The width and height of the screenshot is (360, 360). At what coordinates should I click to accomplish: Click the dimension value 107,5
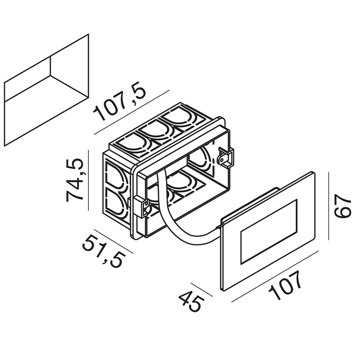coord(119,101)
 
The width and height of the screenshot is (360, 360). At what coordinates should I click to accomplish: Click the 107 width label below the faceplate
coord(285,285)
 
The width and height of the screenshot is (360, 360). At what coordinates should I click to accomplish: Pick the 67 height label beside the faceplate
coord(342,206)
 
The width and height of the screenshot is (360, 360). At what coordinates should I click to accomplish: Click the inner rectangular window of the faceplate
coord(269,231)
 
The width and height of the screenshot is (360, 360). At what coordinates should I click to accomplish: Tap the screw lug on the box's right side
coord(225,158)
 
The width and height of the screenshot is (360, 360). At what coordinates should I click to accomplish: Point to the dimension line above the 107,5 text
coord(132,112)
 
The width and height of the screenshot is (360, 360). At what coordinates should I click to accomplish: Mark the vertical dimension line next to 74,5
coord(88,180)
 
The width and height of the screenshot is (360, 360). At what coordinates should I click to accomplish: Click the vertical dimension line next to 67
coord(329,206)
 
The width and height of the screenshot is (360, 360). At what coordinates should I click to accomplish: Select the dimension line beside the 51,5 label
coord(114,241)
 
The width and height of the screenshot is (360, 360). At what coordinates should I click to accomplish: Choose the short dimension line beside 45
coord(201,290)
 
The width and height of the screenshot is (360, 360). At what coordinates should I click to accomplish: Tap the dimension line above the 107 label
coord(275,276)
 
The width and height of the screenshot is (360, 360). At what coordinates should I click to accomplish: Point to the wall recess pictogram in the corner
coord(47,90)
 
